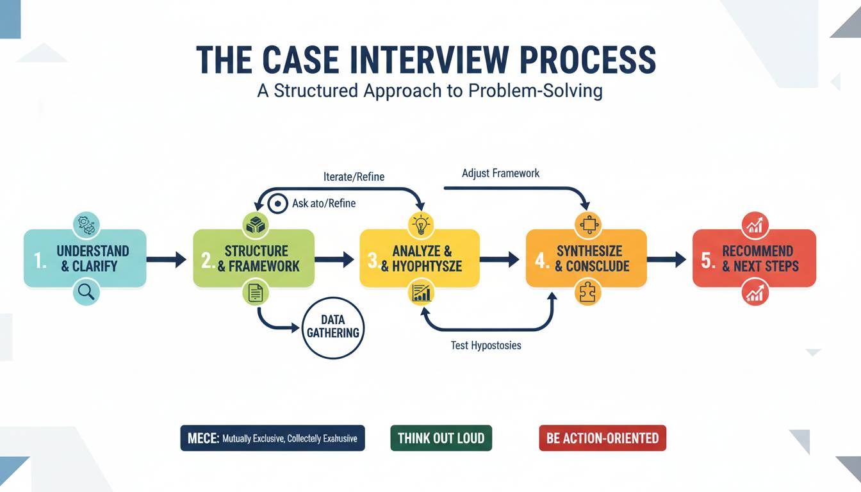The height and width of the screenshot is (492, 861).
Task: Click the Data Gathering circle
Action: [x=333, y=327]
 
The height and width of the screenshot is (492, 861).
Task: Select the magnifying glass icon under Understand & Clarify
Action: [x=86, y=292]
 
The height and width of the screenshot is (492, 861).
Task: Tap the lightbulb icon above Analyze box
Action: [x=421, y=224]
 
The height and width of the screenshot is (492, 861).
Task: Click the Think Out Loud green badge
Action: [x=441, y=438]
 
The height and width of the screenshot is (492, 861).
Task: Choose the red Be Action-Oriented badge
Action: [x=602, y=438]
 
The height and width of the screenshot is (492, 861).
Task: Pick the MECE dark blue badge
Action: [x=272, y=438]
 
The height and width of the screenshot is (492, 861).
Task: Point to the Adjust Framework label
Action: [x=500, y=173]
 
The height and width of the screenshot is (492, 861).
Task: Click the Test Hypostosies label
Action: [x=486, y=345]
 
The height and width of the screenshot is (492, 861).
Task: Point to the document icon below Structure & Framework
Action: [x=255, y=293]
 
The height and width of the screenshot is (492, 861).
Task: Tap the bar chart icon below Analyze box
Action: [x=421, y=293]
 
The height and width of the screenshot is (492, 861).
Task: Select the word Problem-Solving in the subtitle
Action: [x=535, y=90]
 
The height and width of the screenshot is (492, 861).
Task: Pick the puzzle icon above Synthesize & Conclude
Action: [x=586, y=224]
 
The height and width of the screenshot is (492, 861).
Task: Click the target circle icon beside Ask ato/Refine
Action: [x=278, y=204]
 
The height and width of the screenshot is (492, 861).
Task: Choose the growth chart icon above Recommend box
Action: [x=755, y=224]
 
